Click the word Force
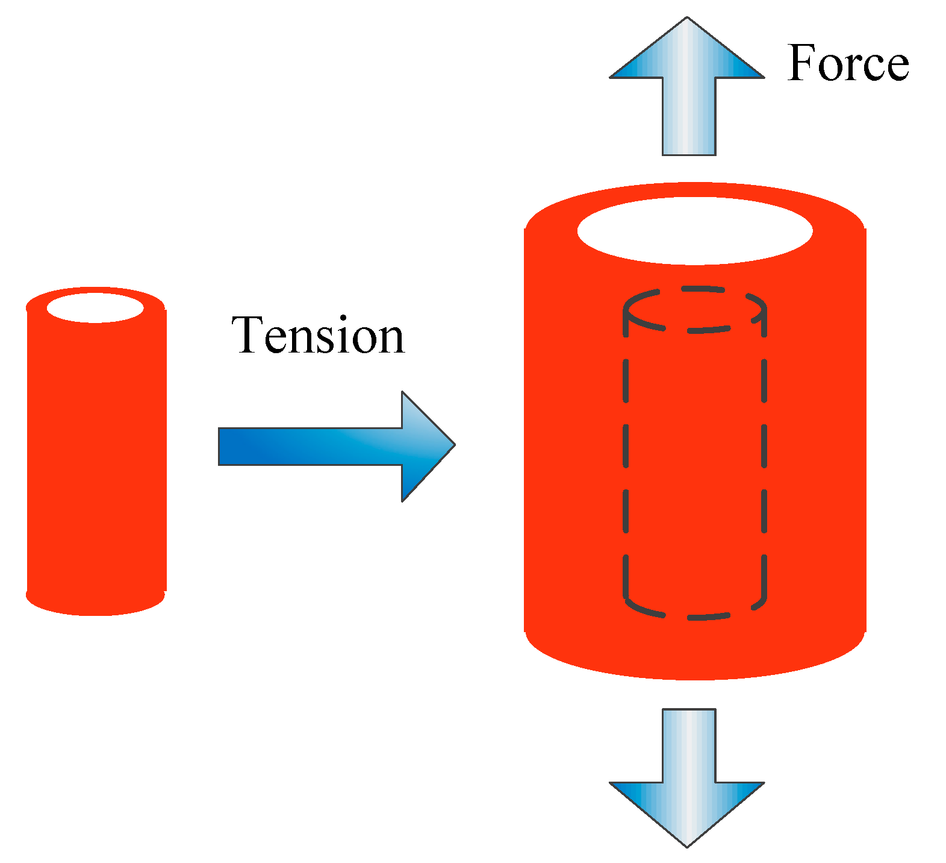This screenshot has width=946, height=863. (847, 63)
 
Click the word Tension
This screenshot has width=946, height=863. (318, 336)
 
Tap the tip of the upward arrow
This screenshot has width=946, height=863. (687, 19)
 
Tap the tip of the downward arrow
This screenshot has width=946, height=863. (687, 845)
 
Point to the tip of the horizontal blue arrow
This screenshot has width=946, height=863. (453, 445)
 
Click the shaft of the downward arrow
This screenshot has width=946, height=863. (689, 745)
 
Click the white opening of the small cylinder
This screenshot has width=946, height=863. (95, 308)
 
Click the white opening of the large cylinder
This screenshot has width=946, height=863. (695, 231)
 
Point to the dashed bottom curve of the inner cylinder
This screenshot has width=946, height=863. (695, 617)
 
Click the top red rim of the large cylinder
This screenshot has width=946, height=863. (695, 190)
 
